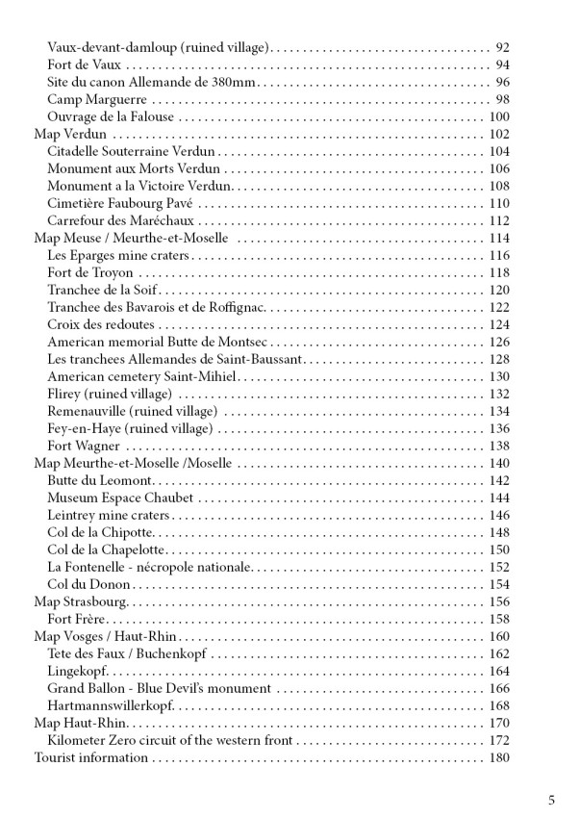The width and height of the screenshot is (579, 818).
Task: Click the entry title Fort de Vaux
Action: [86, 64]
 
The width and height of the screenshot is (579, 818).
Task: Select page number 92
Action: [501, 46]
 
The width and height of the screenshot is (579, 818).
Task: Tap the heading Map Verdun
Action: [69, 134]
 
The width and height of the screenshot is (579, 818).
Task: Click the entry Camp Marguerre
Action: [97, 99]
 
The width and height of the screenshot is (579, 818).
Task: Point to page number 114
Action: [498, 238]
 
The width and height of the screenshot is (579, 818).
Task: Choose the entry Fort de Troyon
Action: [90, 272]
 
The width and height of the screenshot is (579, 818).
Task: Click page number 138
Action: [498, 446]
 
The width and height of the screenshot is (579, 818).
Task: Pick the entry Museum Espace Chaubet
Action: [120, 498]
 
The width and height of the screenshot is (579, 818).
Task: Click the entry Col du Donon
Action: [88, 584]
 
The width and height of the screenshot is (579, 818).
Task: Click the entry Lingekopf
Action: [78, 671]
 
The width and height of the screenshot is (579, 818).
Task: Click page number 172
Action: [498, 740]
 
